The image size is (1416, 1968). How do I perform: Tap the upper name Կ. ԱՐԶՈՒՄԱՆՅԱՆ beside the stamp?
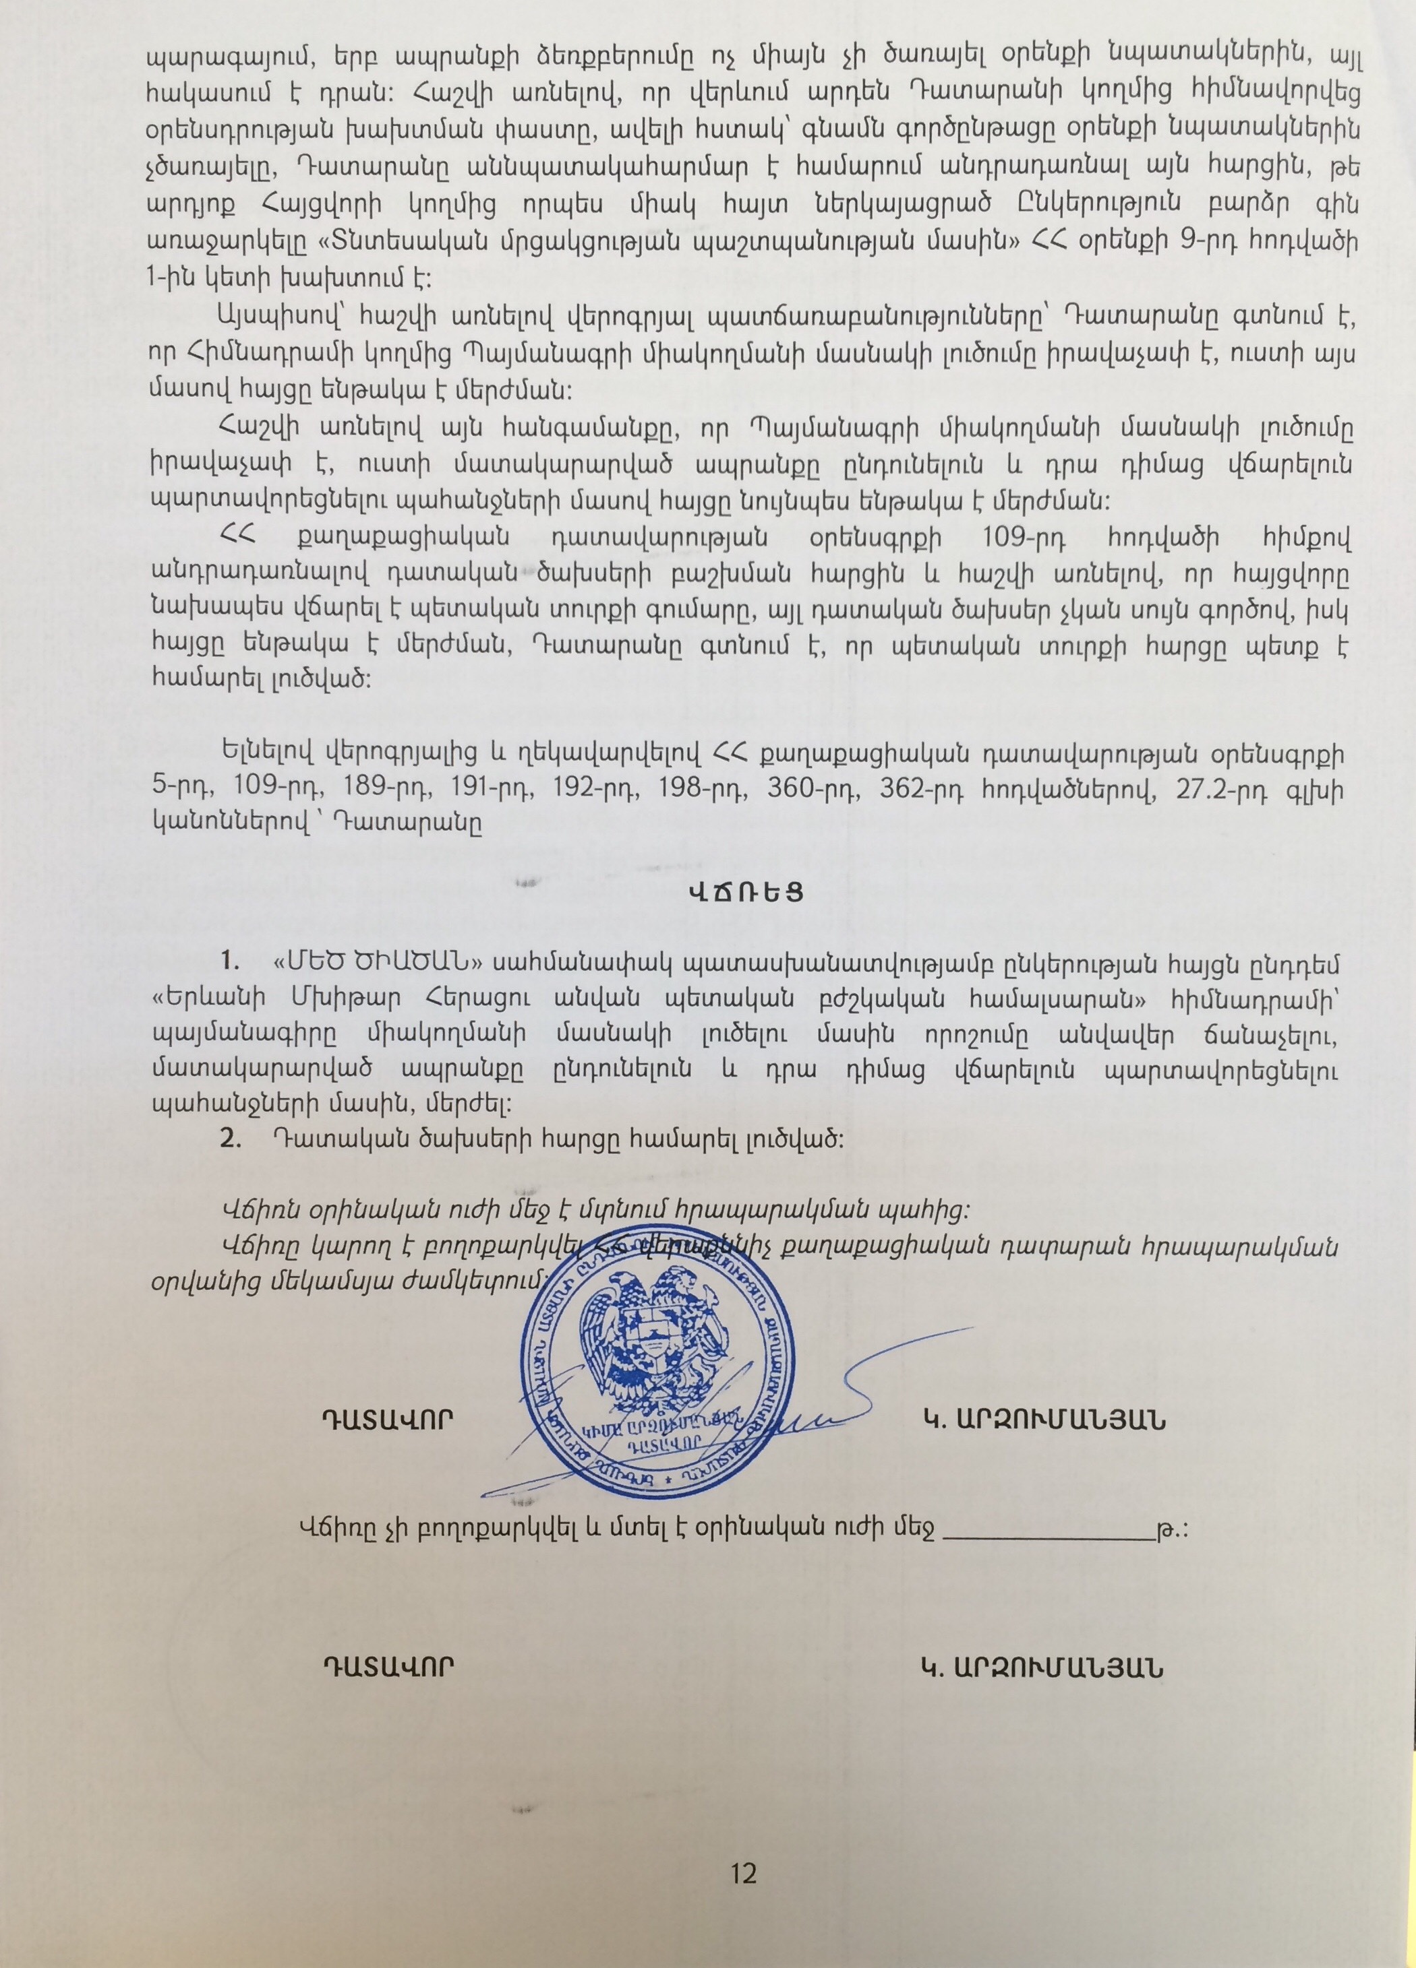(1042, 1420)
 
